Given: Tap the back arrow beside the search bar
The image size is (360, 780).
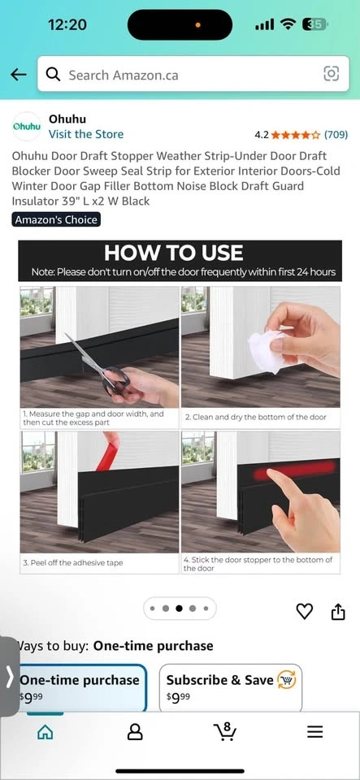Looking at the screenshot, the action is pyautogui.click(x=19, y=75).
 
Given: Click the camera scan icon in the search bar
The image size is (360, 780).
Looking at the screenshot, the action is pyautogui.click(x=332, y=74).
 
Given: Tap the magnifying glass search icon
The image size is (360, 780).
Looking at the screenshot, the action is pyautogui.click(x=53, y=75).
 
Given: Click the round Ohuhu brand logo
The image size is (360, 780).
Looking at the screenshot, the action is pyautogui.click(x=26, y=127).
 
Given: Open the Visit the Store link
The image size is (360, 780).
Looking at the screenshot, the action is pyautogui.click(x=86, y=134).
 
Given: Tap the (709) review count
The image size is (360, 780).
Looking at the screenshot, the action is pyautogui.click(x=336, y=134).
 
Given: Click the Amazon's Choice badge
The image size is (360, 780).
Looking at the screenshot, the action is pyautogui.click(x=56, y=219).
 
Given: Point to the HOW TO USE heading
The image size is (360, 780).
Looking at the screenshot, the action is pyautogui.click(x=174, y=253).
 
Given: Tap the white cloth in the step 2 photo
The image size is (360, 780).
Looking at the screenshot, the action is pyautogui.click(x=267, y=351).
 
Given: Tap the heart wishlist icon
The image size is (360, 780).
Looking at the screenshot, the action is pyautogui.click(x=304, y=611).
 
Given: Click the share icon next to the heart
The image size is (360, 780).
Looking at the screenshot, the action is pyautogui.click(x=338, y=611).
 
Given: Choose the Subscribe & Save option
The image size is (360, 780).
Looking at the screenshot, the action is pyautogui.click(x=230, y=687).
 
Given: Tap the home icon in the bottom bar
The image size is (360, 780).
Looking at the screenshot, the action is pyautogui.click(x=46, y=732).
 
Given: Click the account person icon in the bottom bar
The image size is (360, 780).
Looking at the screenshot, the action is pyautogui.click(x=135, y=732).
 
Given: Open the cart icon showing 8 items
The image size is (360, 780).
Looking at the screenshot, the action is pyautogui.click(x=225, y=730).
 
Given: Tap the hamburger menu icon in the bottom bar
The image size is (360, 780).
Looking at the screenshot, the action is pyautogui.click(x=314, y=732).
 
